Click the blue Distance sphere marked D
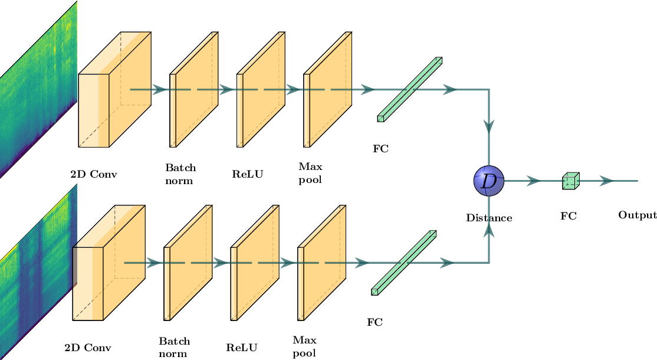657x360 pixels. tap(489, 181)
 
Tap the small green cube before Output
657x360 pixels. tap(570, 181)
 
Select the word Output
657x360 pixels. tap(637, 215)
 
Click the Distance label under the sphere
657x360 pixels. tap(489, 218)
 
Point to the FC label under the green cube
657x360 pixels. tap(568, 216)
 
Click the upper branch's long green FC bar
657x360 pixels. tap(410, 89)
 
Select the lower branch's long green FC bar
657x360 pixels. tap(404, 262)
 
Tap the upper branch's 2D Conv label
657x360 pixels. tap(93, 175)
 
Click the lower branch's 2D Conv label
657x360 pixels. tap(87, 348)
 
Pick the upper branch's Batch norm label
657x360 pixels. tap(180, 175)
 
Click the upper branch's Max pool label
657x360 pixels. tap(311, 174)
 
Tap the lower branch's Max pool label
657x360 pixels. tap(304, 346)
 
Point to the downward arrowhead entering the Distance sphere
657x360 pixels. tap(489, 126)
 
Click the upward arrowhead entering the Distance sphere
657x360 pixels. tap(489, 233)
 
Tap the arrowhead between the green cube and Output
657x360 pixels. tap(606, 181)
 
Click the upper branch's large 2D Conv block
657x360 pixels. tap(115, 89)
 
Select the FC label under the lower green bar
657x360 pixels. tap(375, 322)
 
